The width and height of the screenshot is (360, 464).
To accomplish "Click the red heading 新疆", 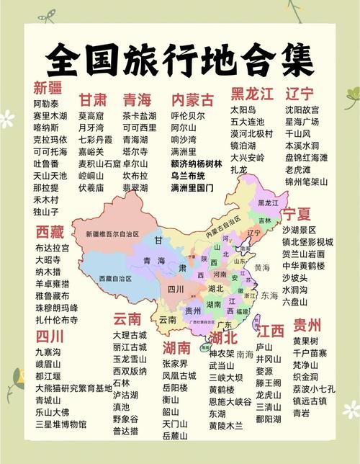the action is point(48,88).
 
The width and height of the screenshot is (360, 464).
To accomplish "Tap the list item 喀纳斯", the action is point(46,127).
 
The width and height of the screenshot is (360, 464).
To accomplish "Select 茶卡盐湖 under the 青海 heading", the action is point(139,116).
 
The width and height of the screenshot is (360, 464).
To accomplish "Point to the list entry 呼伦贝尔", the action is point(187,115).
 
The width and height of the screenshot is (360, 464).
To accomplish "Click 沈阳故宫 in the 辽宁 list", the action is point(302,110).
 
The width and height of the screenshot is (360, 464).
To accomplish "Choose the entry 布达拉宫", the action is point(52,248).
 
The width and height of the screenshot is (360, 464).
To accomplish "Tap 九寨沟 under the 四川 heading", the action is point(48,352).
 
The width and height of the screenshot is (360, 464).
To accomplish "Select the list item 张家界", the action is point(175,364).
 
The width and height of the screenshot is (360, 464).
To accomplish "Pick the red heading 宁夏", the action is point(296,214).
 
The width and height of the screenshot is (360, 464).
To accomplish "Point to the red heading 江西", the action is point(271,331).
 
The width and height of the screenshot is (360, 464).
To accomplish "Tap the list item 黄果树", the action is point(305,341).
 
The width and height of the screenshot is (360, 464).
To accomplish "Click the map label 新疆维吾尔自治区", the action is point(112,234).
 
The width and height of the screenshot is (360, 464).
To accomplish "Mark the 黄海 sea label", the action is point(262,267).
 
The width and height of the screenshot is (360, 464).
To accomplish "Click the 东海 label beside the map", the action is point(269,295).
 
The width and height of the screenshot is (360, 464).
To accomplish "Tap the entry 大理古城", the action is point(130,335).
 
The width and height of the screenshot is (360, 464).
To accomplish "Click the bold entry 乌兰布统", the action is point(188,176).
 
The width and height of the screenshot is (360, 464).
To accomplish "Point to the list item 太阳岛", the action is point(243,110).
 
